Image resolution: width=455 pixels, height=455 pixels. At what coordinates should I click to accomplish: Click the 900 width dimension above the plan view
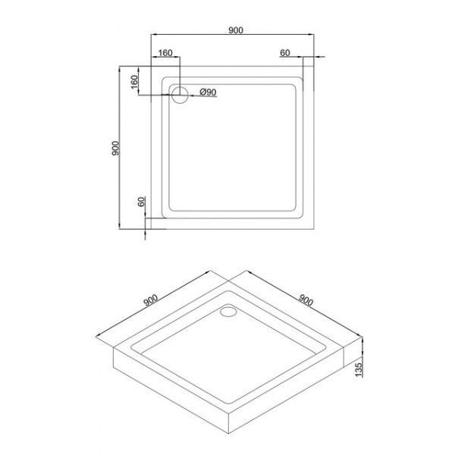pos(235,30)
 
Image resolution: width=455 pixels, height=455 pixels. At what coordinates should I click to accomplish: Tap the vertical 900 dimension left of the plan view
pos(115,148)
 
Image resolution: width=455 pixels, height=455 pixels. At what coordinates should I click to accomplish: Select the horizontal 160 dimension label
pos(165,53)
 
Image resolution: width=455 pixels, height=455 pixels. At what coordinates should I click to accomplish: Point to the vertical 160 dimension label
pos(134,82)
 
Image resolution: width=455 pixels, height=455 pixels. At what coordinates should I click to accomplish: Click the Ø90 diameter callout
pos(208,92)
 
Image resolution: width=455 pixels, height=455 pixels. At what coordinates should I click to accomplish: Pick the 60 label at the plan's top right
pos(285,52)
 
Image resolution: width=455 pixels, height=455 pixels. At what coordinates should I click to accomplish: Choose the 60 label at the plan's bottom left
pos(141,202)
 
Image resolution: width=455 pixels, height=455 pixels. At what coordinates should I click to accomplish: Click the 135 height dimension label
pos(359,370)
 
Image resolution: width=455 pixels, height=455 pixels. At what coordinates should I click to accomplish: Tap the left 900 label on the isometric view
pos(151,300)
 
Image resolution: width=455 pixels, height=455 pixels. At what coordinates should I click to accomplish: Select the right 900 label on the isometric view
pos(306,300)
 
